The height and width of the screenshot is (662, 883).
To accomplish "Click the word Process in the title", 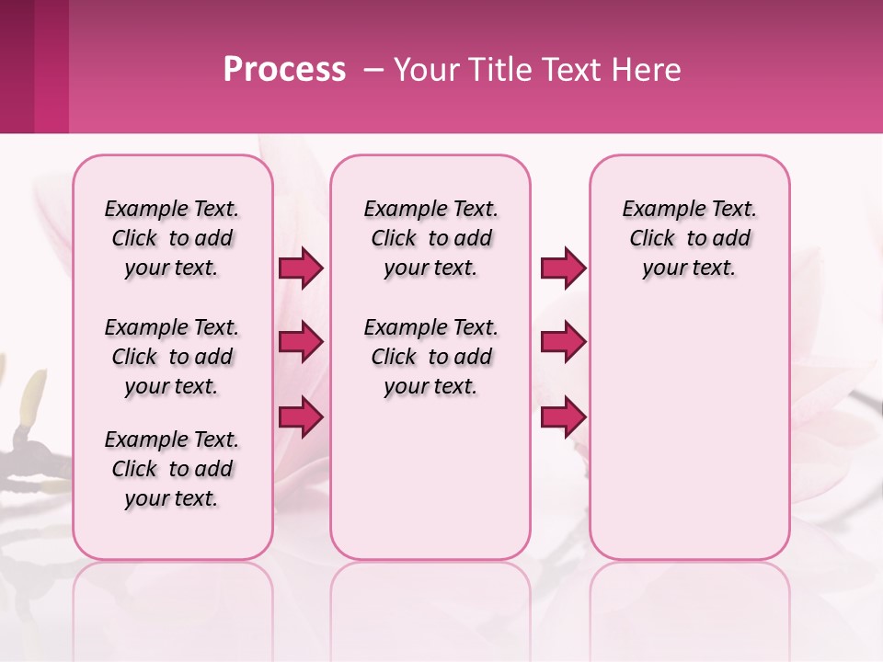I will click(x=284, y=70).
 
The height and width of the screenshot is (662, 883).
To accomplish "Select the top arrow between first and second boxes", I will click(x=301, y=268).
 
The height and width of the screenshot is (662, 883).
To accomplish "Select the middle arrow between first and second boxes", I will click(x=301, y=342).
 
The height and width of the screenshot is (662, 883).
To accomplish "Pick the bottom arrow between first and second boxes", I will click(x=301, y=417).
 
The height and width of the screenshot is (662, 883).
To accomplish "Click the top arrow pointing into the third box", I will click(x=563, y=268).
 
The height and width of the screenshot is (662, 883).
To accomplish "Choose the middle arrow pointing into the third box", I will click(x=563, y=342).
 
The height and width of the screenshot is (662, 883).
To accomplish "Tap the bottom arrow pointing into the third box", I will click(x=563, y=417).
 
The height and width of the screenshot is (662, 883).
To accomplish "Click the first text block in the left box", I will click(x=172, y=238).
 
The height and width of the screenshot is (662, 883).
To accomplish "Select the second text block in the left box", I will click(x=172, y=357).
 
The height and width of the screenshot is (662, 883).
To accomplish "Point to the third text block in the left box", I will click(x=172, y=469).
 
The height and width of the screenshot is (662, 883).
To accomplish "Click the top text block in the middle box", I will click(x=430, y=238).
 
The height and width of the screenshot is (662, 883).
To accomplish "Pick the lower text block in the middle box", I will click(x=430, y=357).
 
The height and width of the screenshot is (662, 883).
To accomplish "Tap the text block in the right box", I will click(x=689, y=238).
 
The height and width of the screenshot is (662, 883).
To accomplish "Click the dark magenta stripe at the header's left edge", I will click(x=17, y=66).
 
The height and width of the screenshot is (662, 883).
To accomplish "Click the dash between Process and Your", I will click(x=373, y=70).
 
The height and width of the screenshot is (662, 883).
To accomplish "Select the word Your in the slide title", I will click(x=427, y=70).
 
